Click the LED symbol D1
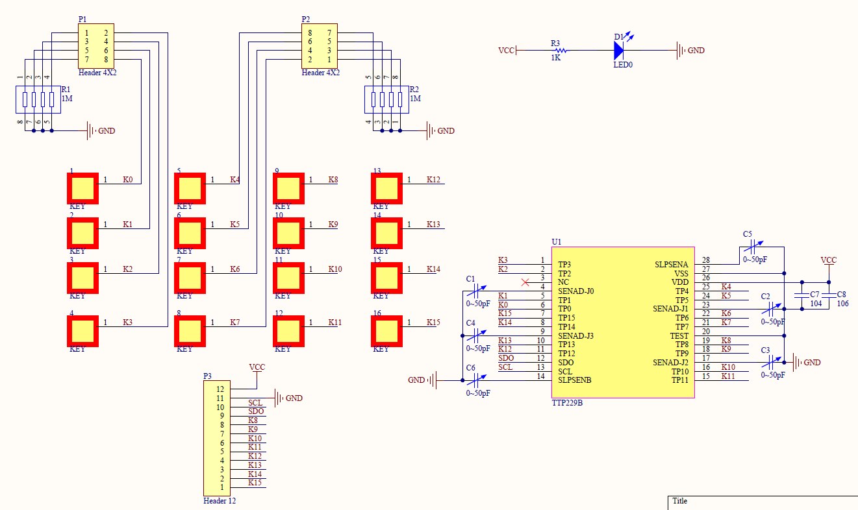click(619, 50)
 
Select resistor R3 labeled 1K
click(561, 50)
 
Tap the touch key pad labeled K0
click(82, 188)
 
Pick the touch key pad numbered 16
click(386, 331)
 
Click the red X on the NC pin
click(525, 282)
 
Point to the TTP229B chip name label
click(567, 403)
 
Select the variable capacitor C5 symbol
click(753, 247)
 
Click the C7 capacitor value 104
click(816, 304)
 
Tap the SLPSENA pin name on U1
click(671, 264)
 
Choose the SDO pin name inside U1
click(566, 362)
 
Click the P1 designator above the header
click(82, 19)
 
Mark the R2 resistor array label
click(414, 89)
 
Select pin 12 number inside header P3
click(220, 389)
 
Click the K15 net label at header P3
click(255, 483)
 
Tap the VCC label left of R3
click(506, 51)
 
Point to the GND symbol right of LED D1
click(681, 50)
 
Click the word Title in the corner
click(680, 501)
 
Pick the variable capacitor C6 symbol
click(477, 380)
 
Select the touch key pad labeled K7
click(190, 331)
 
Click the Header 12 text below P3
click(220, 501)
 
